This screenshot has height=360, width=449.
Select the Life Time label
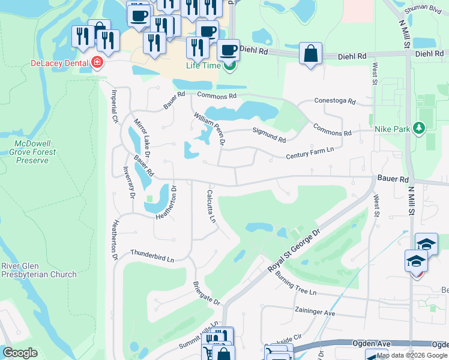(x=203, y=65)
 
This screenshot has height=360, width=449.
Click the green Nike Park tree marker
(x=419, y=128)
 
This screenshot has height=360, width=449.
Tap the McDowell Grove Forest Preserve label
(x=36, y=152)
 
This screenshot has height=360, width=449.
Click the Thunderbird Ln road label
(x=152, y=256)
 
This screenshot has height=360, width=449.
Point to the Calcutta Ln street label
(x=211, y=206)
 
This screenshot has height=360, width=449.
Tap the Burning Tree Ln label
(x=295, y=284)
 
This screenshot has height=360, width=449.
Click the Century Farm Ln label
(x=310, y=153)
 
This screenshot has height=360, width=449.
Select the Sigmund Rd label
(x=269, y=134)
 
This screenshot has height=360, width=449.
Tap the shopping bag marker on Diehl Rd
(x=310, y=54)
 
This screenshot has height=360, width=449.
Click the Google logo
(x=20, y=353)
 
